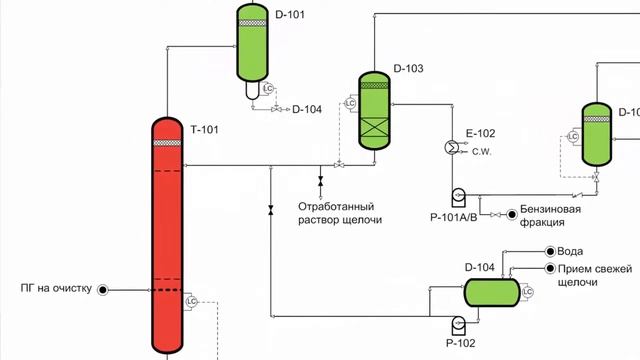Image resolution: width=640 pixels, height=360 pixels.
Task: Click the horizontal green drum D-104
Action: coord(491,291)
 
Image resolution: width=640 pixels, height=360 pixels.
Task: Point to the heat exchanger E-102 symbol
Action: coord(451,147)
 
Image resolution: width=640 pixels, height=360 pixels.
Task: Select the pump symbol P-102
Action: coord(459,322)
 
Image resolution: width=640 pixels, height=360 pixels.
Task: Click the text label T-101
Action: coord(204,130)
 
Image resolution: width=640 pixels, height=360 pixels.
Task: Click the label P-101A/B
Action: coord(455,215)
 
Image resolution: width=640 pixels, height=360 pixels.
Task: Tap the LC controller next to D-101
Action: coord(267,90)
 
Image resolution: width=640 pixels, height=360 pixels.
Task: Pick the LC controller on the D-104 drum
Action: coord(527,291)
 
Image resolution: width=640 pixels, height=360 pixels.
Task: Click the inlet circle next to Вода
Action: coord(547,252)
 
